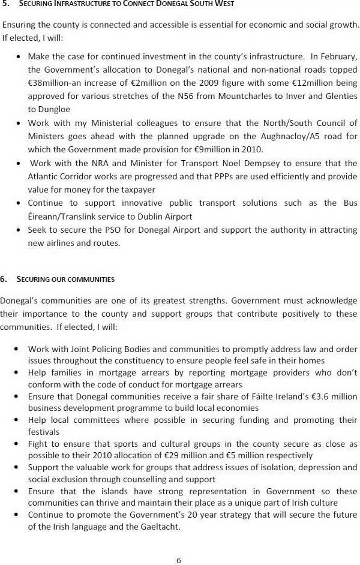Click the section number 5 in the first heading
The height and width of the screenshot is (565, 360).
[5, 4]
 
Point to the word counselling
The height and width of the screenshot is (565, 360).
[153, 479]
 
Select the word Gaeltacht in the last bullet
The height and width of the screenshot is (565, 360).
[157, 526]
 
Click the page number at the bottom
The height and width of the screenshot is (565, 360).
[179, 560]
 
